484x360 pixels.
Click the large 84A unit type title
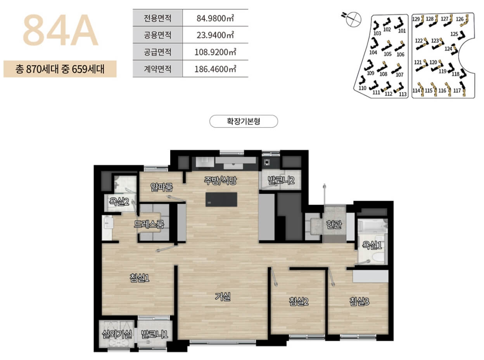point(60,31)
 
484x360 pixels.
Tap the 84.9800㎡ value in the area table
point(215,18)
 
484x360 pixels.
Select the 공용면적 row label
point(157,35)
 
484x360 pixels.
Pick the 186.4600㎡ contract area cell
point(215,69)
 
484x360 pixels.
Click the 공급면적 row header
point(157,52)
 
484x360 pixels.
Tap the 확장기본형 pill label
point(244,121)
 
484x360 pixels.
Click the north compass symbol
point(353,18)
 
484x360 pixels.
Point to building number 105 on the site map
point(387,54)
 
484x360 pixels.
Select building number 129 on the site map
point(416,19)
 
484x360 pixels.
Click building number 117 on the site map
point(457,91)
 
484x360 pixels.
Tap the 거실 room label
point(223,297)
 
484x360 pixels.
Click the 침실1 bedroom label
point(140,278)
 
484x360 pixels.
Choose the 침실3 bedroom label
point(359,301)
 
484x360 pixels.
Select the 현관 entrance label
point(334,225)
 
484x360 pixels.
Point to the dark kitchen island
point(221,199)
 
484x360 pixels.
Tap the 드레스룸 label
point(149,224)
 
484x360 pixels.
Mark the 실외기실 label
point(116,333)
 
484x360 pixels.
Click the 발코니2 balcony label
point(281,180)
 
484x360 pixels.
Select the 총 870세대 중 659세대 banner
point(60,69)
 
